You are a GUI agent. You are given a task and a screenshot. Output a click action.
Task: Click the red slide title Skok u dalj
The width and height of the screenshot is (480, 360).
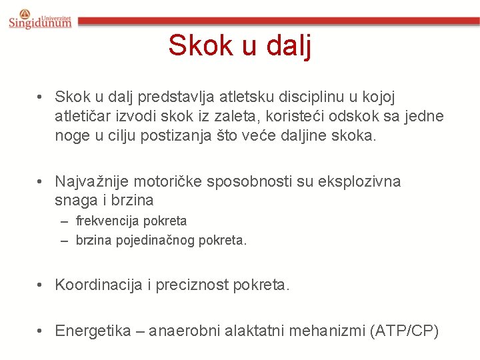coord(240,45)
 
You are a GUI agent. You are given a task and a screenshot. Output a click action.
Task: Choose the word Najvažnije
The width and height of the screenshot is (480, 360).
coord(92,181)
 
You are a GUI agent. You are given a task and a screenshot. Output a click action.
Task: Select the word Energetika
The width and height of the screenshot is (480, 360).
coord(93,331)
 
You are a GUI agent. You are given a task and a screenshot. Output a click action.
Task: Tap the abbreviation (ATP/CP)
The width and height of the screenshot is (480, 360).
coord(403,331)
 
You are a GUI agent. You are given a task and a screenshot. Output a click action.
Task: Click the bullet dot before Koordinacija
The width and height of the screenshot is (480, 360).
coord(41,285)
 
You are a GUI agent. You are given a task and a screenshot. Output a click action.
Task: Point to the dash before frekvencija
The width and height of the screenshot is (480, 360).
coord(65,221)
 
